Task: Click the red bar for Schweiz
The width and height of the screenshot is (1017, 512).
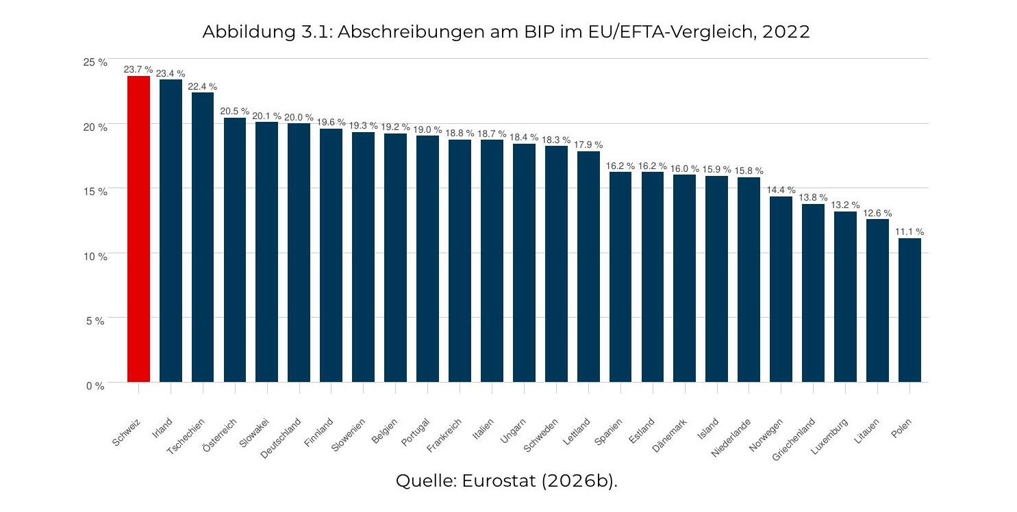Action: (x=138, y=229)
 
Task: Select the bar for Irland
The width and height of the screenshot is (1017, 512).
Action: (x=171, y=231)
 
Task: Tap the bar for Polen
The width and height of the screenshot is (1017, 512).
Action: (x=910, y=311)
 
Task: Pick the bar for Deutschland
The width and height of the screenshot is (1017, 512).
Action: (x=299, y=253)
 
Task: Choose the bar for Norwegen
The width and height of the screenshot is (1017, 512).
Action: (x=781, y=290)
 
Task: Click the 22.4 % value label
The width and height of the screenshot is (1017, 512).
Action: (x=203, y=87)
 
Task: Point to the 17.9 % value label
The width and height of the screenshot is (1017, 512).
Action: (x=588, y=145)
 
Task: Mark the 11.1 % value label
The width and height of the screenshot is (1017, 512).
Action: (x=909, y=232)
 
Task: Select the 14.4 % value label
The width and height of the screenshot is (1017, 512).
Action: (x=781, y=190)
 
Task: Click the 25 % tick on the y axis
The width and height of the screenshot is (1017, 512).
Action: (x=95, y=62)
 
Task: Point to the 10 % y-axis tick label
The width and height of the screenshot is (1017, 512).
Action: (x=95, y=257)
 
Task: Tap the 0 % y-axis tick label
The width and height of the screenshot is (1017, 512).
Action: (x=95, y=386)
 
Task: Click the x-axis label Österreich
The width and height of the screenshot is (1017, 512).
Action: (x=220, y=435)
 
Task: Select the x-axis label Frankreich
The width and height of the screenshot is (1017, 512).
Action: (x=444, y=435)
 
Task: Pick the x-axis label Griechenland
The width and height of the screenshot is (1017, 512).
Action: (x=794, y=439)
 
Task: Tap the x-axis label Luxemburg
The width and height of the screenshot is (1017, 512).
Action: (x=829, y=437)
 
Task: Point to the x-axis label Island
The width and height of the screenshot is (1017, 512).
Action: (x=708, y=429)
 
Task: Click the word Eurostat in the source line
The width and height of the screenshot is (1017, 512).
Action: (x=499, y=481)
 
